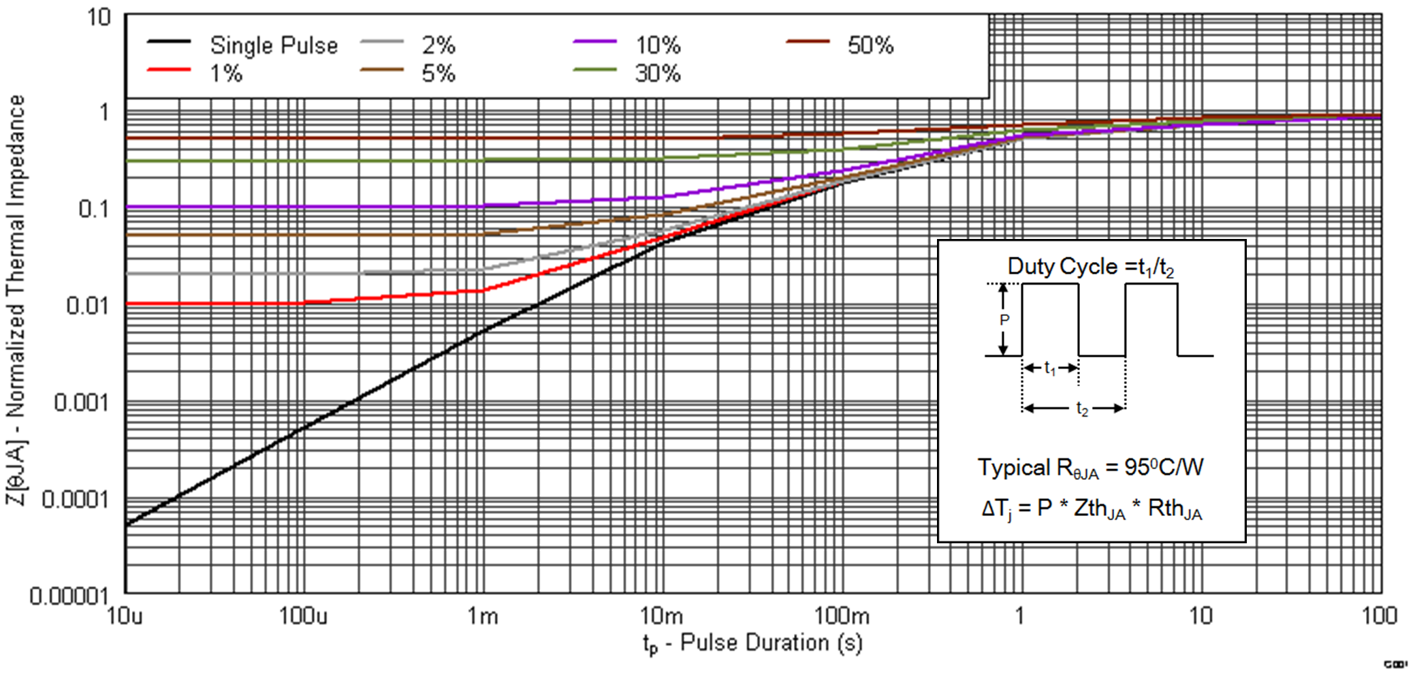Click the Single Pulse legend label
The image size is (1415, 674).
pos(274,46)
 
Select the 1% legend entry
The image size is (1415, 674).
pos(225,74)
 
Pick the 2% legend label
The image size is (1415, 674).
pos(438,46)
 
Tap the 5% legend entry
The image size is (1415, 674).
pos(438,74)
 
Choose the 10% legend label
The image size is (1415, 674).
pos(657,46)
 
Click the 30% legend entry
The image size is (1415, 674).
pos(657,74)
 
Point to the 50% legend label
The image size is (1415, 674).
pos(870,46)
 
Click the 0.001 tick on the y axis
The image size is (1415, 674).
pos(81,402)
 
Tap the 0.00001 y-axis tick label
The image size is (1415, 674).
pos(69,596)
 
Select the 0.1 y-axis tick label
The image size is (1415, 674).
pos(93,209)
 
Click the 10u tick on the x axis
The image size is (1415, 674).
pos(125,616)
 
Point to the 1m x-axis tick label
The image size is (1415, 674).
pos(482,616)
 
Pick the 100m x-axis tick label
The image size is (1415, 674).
pos(842,616)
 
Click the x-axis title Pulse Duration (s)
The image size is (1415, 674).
pos(752,643)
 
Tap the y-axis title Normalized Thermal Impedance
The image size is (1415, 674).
pos(16,300)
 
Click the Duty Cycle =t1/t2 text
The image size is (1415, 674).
pos(1091,267)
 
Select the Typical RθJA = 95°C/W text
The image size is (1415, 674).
pos(1091,468)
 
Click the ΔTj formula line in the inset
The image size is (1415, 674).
pos(1091,509)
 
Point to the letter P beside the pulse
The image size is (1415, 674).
pos(1004,320)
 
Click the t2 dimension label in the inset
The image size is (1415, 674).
pos(1081,408)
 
